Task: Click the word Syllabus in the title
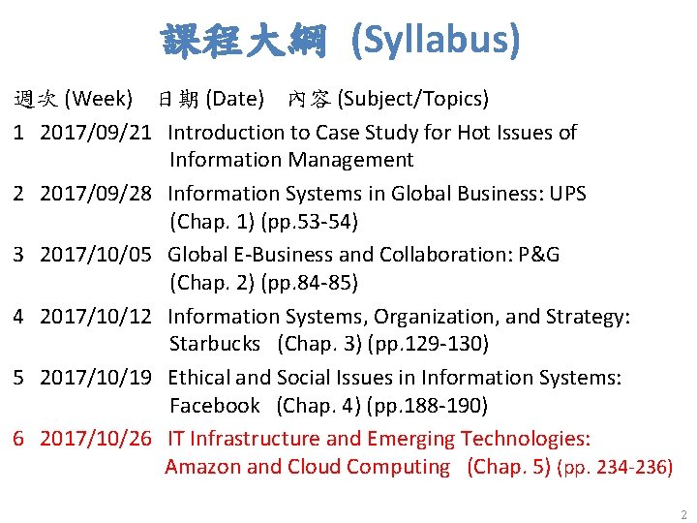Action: (x=436, y=40)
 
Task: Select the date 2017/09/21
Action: (x=96, y=133)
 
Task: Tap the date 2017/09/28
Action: (x=96, y=194)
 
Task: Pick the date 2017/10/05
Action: (x=96, y=255)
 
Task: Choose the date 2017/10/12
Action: (x=96, y=317)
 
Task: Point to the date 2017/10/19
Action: (x=96, y=378)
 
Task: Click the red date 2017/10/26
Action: (x=96, y=439)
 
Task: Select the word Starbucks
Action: (x=215, y=344)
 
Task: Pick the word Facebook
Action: (x=215, y=405)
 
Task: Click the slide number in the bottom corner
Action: (x=683, y=515)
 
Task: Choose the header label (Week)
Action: (x=98, y=99)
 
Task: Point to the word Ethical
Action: (x=199, y=378)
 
